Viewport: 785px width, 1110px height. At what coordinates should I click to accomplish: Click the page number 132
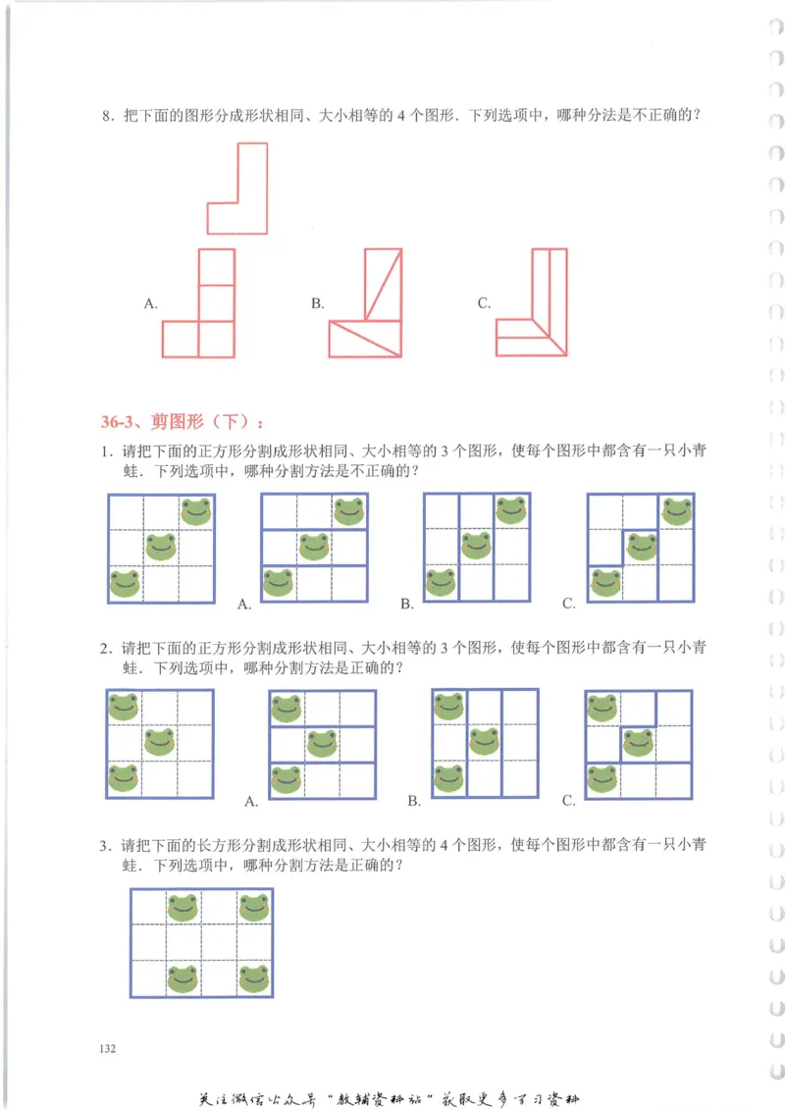[x=108, y=1049]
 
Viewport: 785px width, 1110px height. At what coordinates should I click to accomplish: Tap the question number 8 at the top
[x=107, y=117]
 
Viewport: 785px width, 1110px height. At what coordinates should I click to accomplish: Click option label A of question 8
[x=151, y=304]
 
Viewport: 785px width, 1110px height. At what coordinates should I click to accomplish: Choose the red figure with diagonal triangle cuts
[x=366, y=303]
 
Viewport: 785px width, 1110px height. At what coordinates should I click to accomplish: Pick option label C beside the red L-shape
[x=484, y=304]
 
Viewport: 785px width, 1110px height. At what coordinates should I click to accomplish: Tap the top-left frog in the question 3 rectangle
[x=183, y=907]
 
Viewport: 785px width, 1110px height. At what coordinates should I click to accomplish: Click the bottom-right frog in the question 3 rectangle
[x=253, y=978]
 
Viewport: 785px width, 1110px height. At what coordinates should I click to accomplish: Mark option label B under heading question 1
[x=406, y=604]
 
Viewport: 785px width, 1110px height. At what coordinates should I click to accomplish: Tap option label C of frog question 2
[x=569, y=801]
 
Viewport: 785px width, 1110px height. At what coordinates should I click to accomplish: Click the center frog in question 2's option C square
[x=639, y=743]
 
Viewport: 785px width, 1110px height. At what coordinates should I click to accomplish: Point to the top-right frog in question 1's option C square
[x=676, y=511]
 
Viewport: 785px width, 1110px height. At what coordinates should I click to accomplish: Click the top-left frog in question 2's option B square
[x=448, y=707]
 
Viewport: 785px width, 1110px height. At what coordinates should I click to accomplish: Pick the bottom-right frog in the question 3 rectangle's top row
[x=253, y=907]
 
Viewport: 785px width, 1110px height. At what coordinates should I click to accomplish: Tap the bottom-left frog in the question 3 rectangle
[x=183, y=978]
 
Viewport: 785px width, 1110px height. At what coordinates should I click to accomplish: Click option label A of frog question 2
[x=250, y=801]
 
